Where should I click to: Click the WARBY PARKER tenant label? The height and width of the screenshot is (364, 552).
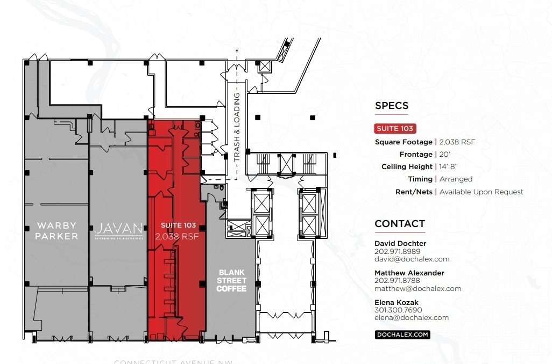click(x=56, y=230)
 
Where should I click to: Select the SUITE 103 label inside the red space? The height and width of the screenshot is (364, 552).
click(x=178, y=225)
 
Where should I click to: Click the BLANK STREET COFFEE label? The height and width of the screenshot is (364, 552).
click(x=231, y=281)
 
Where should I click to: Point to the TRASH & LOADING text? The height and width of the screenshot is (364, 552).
click(x=236, y=127)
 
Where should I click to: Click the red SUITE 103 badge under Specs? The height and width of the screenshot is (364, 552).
click(x=395, y=128)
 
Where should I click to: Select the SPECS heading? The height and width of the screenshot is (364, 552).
click(x=392, y=106)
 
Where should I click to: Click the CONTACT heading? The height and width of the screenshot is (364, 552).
click(x=400, y=223)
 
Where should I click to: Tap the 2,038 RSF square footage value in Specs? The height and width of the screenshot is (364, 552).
click(x=457, y=142)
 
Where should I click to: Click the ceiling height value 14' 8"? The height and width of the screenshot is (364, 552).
click(x=449, y=167)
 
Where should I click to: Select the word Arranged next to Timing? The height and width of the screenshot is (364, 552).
click(x=456, y=179)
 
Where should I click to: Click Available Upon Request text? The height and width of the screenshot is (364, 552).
click(x=481, y=192)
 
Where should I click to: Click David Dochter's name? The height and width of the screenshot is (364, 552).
click(x=400, y=243)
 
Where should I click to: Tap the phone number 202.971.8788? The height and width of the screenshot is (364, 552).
click(x=397, y=280)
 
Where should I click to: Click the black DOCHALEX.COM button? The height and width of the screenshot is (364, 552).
click(x=402, y=334)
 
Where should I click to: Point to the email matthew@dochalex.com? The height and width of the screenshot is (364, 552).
click(x=417, y=288)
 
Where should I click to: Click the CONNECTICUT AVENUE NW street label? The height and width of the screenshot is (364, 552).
click(x=173, y=362)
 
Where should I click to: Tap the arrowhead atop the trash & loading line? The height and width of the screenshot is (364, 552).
click(x=236, y=51)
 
